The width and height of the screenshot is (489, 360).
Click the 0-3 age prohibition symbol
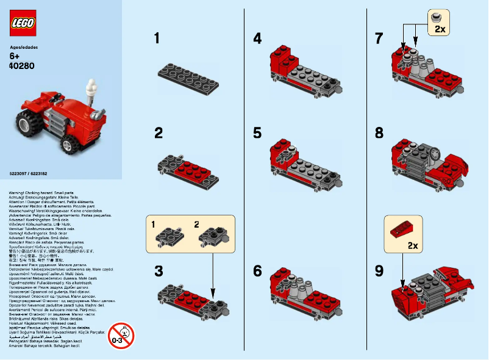(121, 335)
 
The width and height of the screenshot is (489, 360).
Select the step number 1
(157, 39)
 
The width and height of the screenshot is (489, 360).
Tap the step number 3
(159, 271)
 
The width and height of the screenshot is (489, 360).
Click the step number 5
(257, 132)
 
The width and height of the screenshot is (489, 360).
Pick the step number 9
(379, 271)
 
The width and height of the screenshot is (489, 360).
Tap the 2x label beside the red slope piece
(412, 246)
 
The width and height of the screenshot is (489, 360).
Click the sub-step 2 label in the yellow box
(196, 225)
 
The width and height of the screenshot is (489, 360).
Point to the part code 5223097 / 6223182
(29, 174)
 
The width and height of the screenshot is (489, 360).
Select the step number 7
(379, 39)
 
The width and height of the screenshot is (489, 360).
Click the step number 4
(257, 39)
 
